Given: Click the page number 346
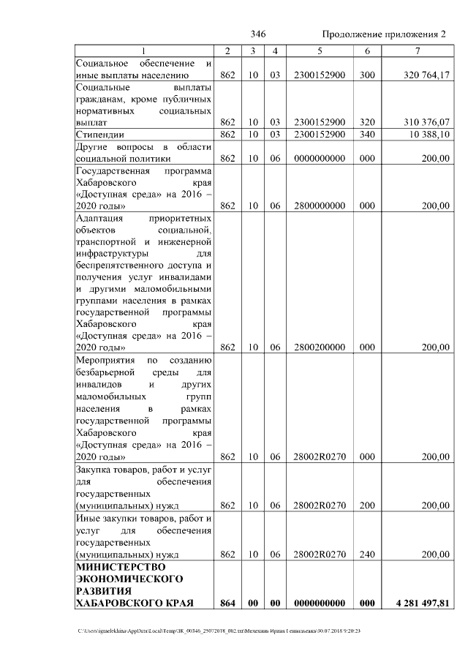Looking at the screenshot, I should coord(257,35).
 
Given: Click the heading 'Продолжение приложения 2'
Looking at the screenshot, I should coord(384,35).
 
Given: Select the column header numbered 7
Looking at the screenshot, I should coord(417,50).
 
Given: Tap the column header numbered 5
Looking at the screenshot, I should coord(319,50).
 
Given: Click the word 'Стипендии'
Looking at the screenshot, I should coord(100,135).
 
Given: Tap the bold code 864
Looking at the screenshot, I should coord(227,603).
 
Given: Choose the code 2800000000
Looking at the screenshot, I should coord(319,206).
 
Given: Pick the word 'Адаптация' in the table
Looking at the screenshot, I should coord(100,218).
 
